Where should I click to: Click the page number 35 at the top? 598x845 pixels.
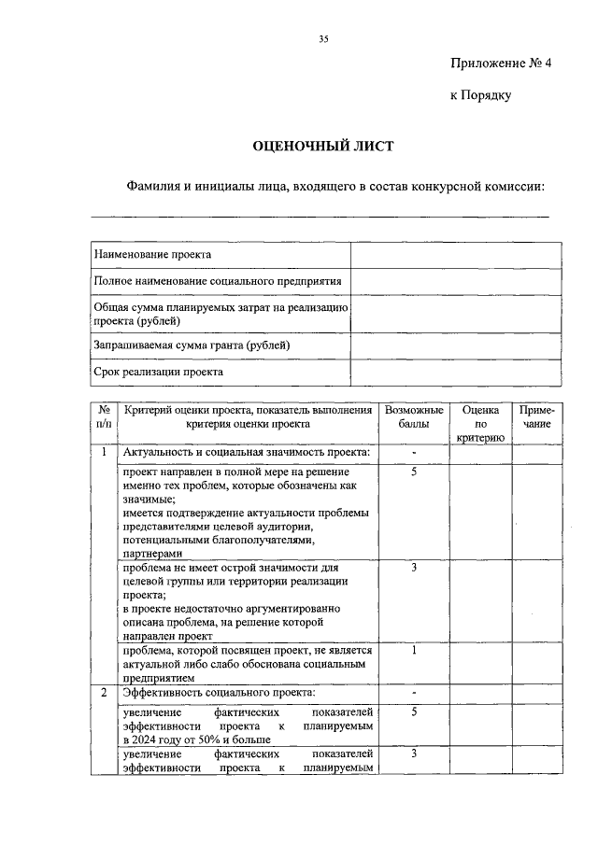coord(323,38)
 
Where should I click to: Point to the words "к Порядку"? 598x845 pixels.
coord(480,95)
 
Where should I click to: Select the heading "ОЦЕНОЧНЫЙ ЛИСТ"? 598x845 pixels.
coord(323,147)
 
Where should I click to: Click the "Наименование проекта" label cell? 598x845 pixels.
coord(152,254)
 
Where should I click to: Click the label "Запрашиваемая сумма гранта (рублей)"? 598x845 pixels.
coord(192,345)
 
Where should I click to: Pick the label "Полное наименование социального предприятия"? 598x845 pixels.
coord(218,280)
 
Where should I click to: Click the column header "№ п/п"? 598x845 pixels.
coord(105,417)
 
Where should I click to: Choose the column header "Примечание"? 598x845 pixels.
coord(536,417)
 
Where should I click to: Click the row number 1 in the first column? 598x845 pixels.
coord(105,453)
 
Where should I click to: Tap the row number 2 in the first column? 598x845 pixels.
coord(105,693)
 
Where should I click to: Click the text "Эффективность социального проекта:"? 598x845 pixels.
coord(220,693)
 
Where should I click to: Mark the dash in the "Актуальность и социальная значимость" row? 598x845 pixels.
coord(412,454)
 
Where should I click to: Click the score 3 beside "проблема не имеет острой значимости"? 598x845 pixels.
coord(412,567)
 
